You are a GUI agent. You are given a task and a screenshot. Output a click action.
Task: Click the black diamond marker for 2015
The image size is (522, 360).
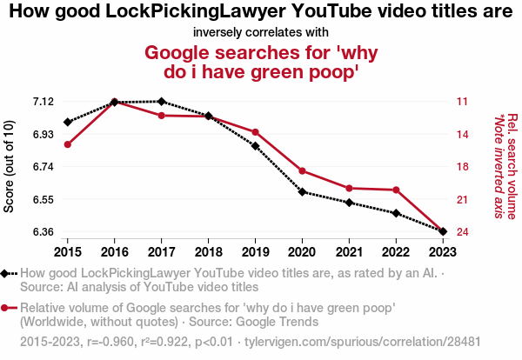pos(67,123)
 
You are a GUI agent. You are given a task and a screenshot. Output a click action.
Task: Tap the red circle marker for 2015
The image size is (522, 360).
pos(67,144)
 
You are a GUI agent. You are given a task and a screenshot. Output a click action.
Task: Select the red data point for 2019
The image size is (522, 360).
pos(256,132)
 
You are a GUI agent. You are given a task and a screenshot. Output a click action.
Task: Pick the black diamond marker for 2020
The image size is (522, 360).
pos(303,192)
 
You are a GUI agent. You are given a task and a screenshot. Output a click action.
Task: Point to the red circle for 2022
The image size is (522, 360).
pos(397,190)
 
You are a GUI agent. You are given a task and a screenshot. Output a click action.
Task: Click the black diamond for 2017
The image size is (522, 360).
pos(162,102)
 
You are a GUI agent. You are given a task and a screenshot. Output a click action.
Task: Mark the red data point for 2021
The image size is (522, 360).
pos(350,188)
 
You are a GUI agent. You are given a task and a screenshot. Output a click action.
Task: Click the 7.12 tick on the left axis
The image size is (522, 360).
pos(41,102)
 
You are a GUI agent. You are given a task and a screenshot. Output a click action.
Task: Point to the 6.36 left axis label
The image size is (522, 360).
pos(41,232)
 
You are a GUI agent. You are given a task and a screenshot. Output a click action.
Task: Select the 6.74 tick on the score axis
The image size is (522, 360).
pos(41,167)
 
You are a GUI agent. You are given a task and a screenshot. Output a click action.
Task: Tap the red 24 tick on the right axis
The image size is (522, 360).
pos(462,232)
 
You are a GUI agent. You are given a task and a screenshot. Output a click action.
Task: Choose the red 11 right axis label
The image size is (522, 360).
pos(462,102)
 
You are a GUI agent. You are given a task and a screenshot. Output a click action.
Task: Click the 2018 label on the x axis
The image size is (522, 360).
pos(209,251)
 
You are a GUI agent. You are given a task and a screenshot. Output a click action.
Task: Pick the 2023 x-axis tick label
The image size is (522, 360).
pos(444,251)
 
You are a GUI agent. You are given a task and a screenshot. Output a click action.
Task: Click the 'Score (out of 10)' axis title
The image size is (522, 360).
pos(10,167)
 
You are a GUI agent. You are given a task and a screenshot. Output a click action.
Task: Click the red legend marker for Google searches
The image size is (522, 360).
pos(6,308)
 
